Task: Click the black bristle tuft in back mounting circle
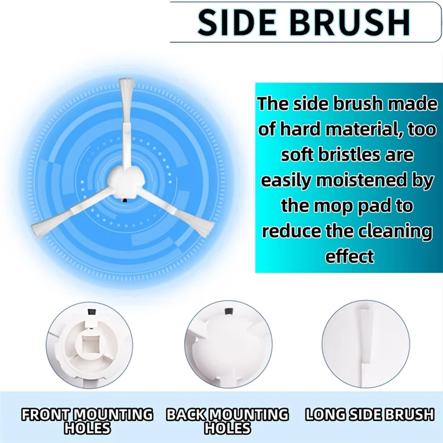tap(226, 314)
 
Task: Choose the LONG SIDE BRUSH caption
tap(370, 414)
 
